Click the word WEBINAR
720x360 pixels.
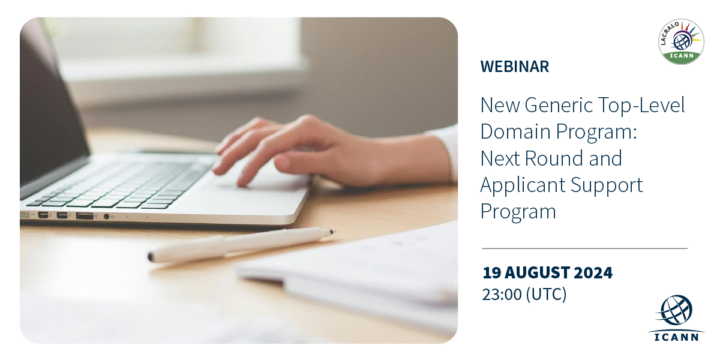tap(515, 67)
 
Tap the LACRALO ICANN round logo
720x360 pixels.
tap(681, 41)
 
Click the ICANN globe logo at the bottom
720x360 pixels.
tap(676, 318)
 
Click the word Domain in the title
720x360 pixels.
tap(515, 131)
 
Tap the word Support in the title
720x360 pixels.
tap(607, 186)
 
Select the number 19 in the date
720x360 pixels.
tap(491, 273)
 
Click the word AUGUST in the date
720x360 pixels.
tap(536, 273)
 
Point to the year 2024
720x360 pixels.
tap(593, 273)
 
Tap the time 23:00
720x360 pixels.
tap(502, 295)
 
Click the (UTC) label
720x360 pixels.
tap(546, 295)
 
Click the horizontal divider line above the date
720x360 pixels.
tap(584, 248)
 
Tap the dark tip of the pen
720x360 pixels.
tap(332, 232)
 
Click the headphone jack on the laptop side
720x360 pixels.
tap(106, 217)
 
